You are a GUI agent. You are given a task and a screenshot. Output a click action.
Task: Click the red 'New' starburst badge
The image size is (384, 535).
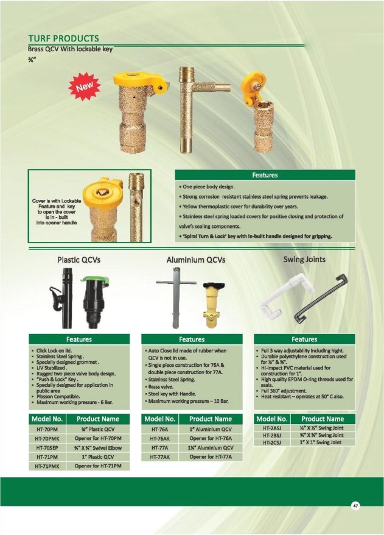(85, 87)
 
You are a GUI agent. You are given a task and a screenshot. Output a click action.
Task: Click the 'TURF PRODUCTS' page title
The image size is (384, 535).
(64, 38)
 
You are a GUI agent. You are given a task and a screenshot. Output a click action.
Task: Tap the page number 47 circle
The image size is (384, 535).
(355, 506)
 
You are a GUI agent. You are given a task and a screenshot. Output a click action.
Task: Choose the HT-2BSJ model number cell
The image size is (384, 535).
(271, 435)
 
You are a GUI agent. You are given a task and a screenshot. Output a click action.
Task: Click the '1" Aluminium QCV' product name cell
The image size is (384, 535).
(211, 430)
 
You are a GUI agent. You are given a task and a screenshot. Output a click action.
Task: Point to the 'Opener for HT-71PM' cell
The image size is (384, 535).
(98, 466)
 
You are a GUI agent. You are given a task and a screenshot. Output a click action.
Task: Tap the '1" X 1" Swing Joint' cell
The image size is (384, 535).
(323, 442)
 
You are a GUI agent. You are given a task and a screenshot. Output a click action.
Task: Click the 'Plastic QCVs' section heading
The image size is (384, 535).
(79, 260)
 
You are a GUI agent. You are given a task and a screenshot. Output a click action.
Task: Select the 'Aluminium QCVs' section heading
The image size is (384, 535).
(196, 260)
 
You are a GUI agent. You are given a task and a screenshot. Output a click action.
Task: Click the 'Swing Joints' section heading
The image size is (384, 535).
(304, 260)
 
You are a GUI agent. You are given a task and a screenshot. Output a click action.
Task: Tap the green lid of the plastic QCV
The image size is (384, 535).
(95, 281)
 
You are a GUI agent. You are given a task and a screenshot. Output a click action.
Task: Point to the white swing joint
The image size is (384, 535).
(285, 297)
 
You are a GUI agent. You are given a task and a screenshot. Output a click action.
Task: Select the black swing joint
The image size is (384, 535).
(320, 299)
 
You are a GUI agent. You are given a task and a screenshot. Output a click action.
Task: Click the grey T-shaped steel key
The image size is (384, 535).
(176, 297)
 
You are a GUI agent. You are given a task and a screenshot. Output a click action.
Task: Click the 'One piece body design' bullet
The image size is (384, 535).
(206, 187)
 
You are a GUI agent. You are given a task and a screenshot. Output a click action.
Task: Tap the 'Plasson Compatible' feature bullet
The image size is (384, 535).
(58, 397)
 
